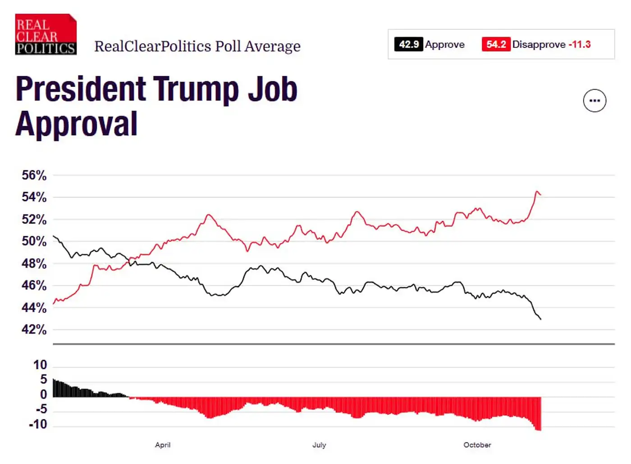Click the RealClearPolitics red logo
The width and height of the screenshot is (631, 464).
coord(46,35)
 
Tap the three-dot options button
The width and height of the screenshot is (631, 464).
coord(594,101)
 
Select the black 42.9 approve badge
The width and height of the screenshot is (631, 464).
coord(408,44)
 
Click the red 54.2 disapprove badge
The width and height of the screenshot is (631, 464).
coord(496,44)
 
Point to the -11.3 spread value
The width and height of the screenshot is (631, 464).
coord(580,44)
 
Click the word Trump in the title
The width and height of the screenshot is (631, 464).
coord(196,89)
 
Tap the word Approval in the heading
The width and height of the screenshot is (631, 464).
coord(77,124)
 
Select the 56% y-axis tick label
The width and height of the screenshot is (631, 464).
coord(34,175)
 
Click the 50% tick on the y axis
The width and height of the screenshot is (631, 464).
coord(34,241)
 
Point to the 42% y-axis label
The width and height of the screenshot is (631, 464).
coord(34,330)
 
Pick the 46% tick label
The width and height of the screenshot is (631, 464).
coord(34,285)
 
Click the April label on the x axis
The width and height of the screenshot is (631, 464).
coord(163,445)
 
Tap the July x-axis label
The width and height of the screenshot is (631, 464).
coord(319,445)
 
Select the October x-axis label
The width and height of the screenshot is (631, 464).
coord(477,445)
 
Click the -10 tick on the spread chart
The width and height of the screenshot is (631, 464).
coord(38,424)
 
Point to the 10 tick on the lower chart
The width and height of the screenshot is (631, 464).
coord(40,365)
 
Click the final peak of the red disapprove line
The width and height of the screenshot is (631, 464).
coord(536,192)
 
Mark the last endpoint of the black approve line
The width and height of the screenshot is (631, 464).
coord(540,319)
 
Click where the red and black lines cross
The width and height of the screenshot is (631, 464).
coord(130,260)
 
